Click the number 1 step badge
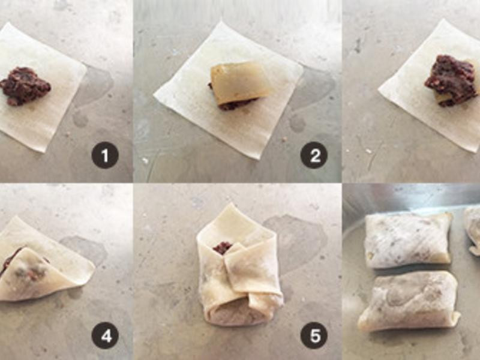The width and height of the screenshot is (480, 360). pyautogui.click(x=104, y=155)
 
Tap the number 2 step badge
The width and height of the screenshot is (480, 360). pyautogui.click(x=314, y=155)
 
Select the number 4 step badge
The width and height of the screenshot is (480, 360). pyautogui.click(x=104, y=336)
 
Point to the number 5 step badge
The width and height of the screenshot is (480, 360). pyautogui.click(x=314, y=336)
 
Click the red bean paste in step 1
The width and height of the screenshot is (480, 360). pyautogui.click(x=25, y=86)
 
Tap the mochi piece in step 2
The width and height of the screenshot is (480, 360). pyautogui.click(x=241, y=81)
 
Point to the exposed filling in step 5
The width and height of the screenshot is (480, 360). pyautogui.click(x=223, y=247)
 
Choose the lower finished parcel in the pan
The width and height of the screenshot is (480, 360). pyautogui.click(x=409, y=302)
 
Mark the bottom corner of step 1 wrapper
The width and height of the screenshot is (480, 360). pyautogui.click(x=43, y=152)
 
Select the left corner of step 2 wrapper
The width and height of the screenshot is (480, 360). pyautogui.click(x=154, y=93)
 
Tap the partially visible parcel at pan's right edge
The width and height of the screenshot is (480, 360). pyautogui.click(x=472, y=231)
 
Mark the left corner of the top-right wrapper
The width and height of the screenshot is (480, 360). pyautogui.click(x=379, y=89)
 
